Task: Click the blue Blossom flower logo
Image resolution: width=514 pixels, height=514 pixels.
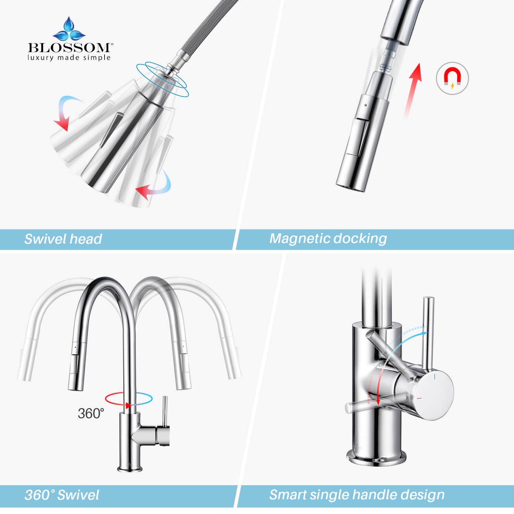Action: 69,29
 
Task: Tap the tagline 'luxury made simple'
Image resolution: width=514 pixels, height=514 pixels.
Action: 69,58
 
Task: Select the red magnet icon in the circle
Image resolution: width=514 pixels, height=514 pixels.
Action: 452,79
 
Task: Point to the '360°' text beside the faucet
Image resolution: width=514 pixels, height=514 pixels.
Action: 91,413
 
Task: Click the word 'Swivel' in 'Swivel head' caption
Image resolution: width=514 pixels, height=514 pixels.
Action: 43,239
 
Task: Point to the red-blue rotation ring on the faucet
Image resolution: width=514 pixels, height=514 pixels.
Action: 128,399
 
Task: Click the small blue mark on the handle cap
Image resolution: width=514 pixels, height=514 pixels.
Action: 435,377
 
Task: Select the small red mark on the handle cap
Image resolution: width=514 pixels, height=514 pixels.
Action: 419,406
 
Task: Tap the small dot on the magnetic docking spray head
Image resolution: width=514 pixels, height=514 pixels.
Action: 366,105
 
